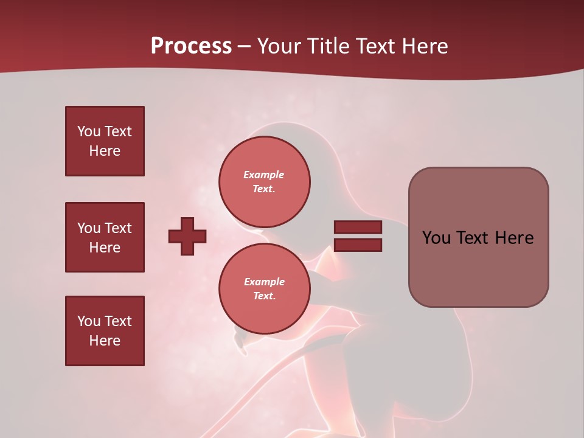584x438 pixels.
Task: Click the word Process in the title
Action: click(191, 46)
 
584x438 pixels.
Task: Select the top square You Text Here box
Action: click(105, 141)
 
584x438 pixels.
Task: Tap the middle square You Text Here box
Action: click(105, 237)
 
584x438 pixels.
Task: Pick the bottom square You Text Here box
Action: click(105, 331)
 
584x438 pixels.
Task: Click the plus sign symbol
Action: click(187, 236)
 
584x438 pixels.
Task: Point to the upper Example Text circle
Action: click(264, 181)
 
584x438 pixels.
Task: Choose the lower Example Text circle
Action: click(264, 288)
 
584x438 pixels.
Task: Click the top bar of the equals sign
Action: click(358, 228)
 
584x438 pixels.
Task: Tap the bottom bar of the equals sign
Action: click(358, 245)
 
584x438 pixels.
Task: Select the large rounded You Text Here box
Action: click(478, 237)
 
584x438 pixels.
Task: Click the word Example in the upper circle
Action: click(263, 175)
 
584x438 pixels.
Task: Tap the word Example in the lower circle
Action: click(264, 282)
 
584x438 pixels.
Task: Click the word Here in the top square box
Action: click(105, 151)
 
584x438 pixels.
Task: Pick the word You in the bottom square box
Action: click(89, 321)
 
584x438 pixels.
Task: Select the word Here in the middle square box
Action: click(105, 248)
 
